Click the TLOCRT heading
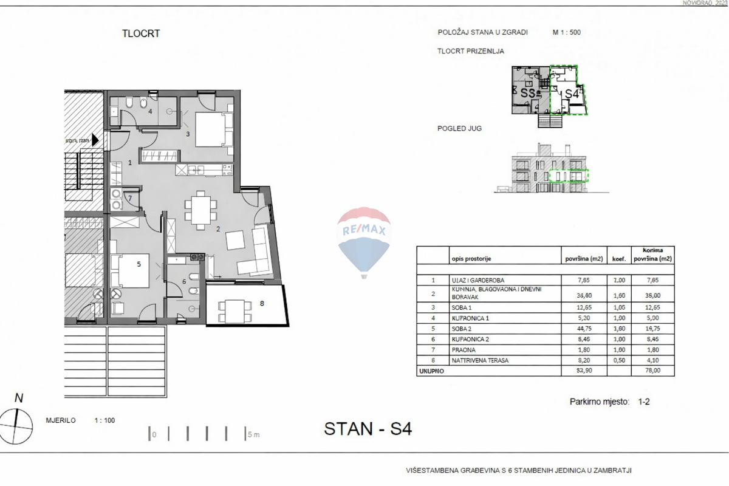tap(141, 33)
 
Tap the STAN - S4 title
tap(368, 429)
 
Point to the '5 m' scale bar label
tap(254, 434)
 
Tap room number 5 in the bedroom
tap(139, 264)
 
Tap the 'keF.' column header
tap(618, 258)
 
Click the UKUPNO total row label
tap(430, 371)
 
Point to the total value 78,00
tap(653, 371)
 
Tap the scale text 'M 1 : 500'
tap(566, 33)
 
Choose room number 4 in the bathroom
tap(150, 111)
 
